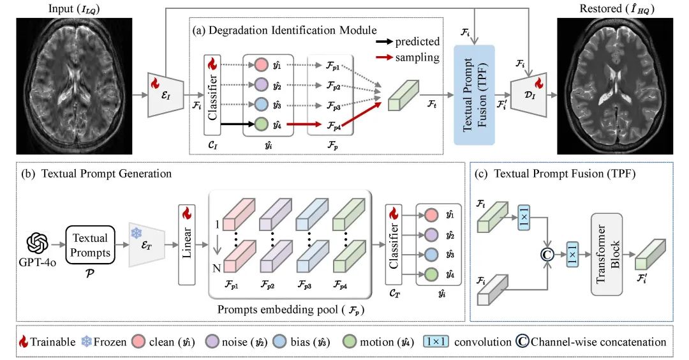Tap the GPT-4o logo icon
[x=38, y=244]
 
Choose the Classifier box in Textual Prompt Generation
[x=394, y=244]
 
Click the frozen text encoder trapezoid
[x=145, y=244]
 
